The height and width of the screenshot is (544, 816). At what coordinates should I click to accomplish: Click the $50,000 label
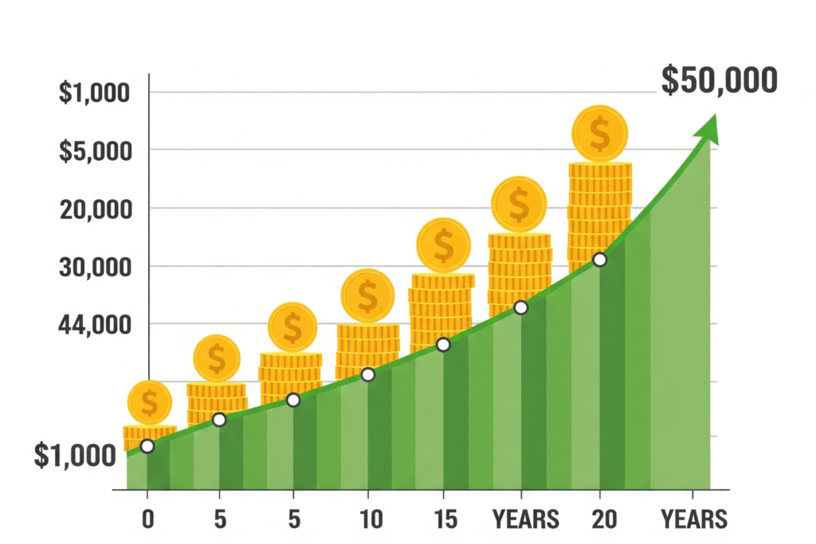[x=719, y=81]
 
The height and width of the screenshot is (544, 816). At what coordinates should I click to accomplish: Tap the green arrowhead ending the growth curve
[x=707, y=129]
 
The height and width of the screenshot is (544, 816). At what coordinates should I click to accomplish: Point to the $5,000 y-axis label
[x=94, y=150]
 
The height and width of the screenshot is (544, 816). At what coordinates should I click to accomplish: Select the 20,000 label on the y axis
[x=94, y=209]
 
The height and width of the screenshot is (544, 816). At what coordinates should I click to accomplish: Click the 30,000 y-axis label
[x=94, y=267]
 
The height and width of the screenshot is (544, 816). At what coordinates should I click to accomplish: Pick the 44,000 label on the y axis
[x=94, y=325]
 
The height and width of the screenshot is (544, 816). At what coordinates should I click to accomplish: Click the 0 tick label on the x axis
[x=147, y=519]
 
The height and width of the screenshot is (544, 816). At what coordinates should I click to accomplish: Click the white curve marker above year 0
[x=147, y=446]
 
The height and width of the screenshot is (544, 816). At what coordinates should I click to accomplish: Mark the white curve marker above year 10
[x=368, y=374]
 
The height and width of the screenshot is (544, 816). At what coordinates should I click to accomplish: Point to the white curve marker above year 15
[x=444, y=345]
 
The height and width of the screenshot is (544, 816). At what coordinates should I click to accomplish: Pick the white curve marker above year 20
[x=600, y=260]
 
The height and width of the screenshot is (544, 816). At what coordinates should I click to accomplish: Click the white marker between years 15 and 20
[x=521, y=307]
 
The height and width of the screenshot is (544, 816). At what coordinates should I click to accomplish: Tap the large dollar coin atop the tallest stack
[x=600, y=133]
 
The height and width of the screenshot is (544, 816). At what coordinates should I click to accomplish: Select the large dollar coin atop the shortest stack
[x=150, y=402]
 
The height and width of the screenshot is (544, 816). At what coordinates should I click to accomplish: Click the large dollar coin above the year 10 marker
[x=367, y=295]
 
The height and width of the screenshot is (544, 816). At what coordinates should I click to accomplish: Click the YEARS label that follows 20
[x=694, y=519]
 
